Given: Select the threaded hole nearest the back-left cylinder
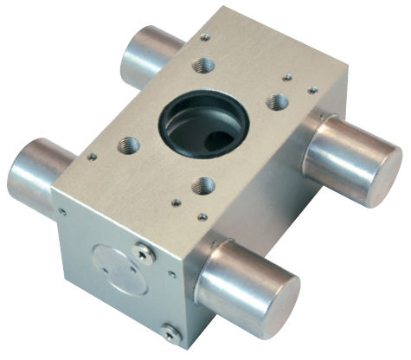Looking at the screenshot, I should [x=204, y=62].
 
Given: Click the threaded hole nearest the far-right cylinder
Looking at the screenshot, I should [x=278, y=102].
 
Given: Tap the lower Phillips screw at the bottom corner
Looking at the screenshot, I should [x=170, y=330].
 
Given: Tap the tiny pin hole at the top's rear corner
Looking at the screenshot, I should [x=205, y=37].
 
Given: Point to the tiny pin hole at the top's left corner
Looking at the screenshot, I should [x=92, y=157].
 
